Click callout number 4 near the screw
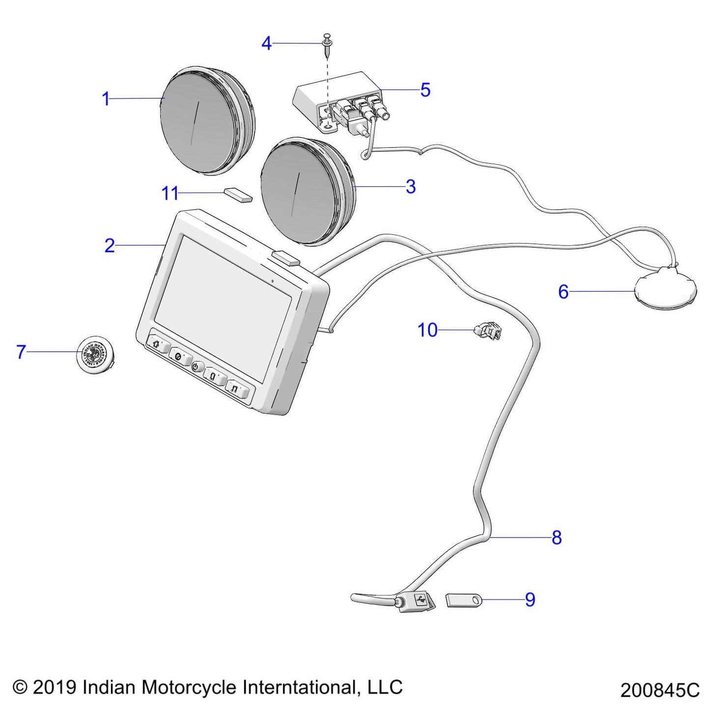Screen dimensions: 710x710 (x=266, y=44)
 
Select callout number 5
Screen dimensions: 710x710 (x=426, y=90)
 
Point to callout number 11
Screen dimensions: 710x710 (x=170, y=194)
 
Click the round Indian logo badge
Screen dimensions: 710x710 (x=96, y=352)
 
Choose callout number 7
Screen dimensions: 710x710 (x=21, y=352)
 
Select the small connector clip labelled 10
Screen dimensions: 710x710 (x=487, y=332)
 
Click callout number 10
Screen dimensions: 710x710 (x=427, y=330)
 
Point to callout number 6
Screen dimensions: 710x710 (x=564, y=292)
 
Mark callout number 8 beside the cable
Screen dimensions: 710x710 (x=557, y=538)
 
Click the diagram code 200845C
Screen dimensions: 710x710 (x=659, y=690)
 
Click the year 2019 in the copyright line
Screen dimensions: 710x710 (x=55, y=687)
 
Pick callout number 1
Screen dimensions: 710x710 (x=106, y=99)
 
